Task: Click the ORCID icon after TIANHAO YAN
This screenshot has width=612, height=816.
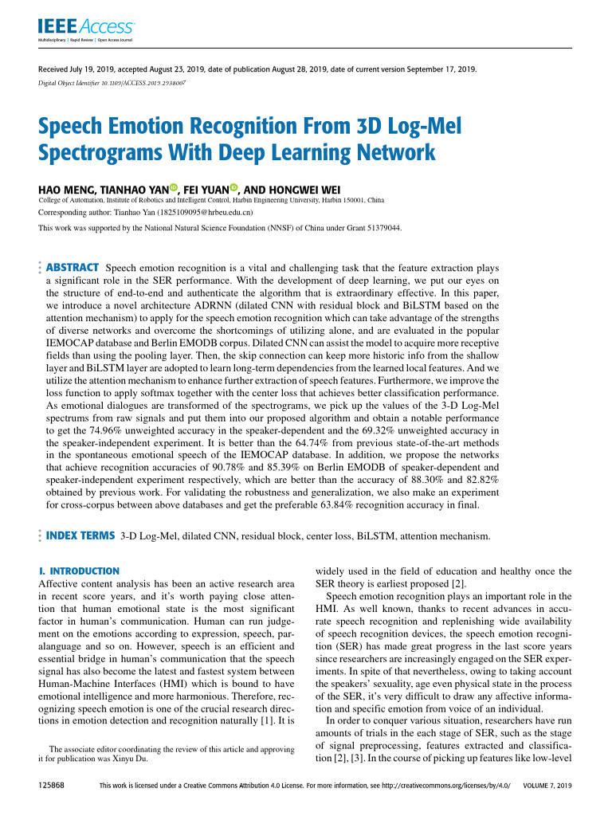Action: pyautogui.click(x=174, y=188)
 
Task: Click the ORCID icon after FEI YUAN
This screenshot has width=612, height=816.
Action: pyautogui.click(x=234, y=188)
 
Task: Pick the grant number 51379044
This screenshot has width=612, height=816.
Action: pyautogui.click(x=383, y=228)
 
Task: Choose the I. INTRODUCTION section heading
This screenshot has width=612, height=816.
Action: pyautogui.click(x=79, y=571)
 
